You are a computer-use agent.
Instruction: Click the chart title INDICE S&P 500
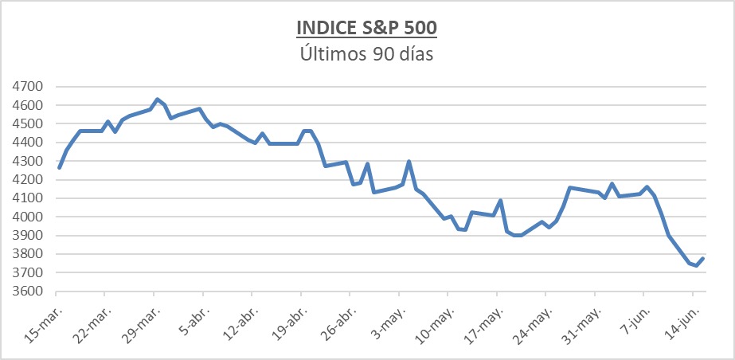point(366,28)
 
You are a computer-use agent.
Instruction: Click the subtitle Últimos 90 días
point(366,54)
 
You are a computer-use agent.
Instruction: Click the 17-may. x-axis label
point(486,325)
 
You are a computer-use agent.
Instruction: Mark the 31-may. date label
point(584,325)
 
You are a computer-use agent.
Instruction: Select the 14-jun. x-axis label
point(682,325)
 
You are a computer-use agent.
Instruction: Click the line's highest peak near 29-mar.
point(157,100)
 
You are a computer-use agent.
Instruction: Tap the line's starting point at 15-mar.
point(60,167)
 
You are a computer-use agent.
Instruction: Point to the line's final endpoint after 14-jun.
point(703,258)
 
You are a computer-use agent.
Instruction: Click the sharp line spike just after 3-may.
point(409,162)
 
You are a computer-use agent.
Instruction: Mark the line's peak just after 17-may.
point(500,201)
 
